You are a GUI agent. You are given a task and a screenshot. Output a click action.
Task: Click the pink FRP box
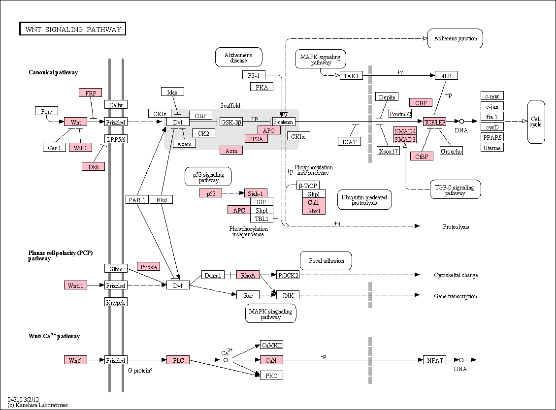coord(91,93)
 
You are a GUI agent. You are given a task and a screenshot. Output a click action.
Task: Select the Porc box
coord(46,111)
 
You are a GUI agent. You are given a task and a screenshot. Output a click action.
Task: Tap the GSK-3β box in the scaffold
coord(231,122)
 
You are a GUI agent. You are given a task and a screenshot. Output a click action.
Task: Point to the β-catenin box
coord(284,122)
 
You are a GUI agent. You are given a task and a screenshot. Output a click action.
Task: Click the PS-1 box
coord(254,75)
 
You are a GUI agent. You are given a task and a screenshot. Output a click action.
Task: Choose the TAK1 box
coord(352,75)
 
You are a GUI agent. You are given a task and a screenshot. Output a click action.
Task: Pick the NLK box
coord(446,75)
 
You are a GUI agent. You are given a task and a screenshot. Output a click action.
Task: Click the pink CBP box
coord(421,102)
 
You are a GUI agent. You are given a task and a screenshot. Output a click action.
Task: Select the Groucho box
coord(451,151)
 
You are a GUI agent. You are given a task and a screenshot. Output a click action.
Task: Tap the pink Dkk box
coord(93,166)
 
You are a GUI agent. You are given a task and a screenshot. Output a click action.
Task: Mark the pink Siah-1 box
coord(256,193)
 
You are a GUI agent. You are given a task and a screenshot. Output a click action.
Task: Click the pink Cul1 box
coord(314,202)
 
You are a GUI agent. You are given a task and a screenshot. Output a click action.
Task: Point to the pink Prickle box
coord(149,266)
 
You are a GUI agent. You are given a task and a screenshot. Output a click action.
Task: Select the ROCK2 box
coord(288,275)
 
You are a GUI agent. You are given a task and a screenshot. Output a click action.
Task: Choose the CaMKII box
coord(272,345)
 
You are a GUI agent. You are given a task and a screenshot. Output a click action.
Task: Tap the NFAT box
coord(435,360)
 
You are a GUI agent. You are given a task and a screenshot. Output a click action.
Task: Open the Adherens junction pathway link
coord(456,38)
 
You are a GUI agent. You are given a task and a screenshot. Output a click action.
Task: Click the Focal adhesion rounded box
coord(326,261)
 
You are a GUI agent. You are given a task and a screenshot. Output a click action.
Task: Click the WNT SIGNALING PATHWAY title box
coord(73,29)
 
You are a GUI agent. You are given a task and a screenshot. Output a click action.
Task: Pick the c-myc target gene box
coord(492,95)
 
